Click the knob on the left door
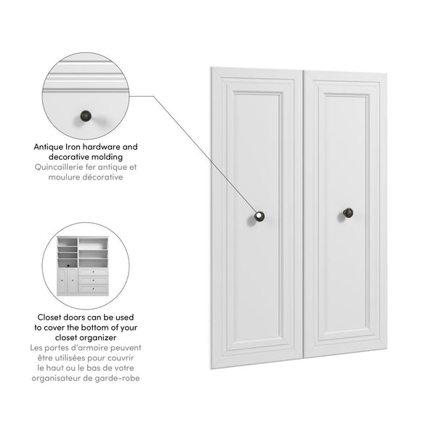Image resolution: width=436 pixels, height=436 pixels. point(259,216)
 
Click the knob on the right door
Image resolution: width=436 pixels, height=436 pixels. point(348,213)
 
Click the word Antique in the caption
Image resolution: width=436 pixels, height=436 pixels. point(49,147)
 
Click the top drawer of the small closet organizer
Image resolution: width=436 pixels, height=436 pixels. point(93,271)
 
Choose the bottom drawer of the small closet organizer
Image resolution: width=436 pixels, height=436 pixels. point(93,288)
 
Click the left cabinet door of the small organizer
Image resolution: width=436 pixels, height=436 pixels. point(64,281)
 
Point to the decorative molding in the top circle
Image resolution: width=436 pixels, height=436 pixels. point(85,73)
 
